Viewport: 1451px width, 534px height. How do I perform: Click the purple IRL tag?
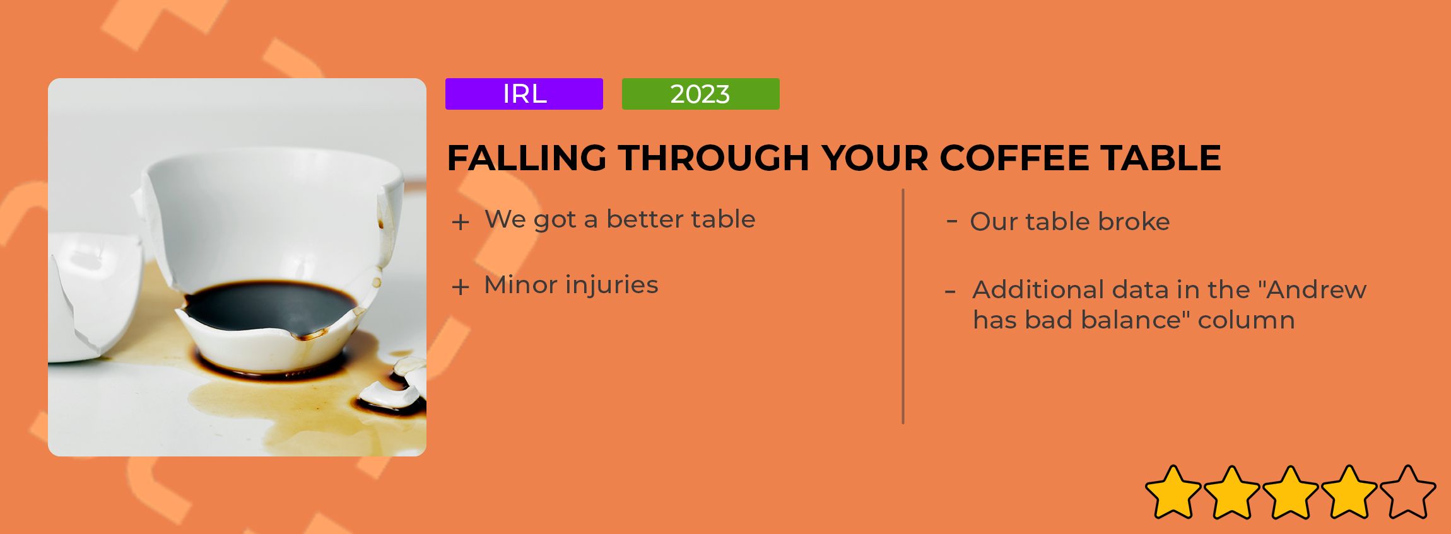[x=524, y=94]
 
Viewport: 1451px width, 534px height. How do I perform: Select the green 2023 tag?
[x=700, y=94]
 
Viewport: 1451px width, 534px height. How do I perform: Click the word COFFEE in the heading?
[x=1014, y=158]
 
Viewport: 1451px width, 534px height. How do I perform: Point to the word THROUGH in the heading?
[x=714, y=158]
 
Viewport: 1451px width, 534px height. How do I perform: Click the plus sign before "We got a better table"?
[x=461, y=222]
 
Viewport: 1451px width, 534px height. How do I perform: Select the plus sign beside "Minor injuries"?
[x=461, y=287]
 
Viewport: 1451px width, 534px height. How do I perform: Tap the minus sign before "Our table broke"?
[x=952, y=221]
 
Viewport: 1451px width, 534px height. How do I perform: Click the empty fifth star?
[x=1407, y=492]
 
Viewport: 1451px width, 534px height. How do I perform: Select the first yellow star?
[x=1173, y=492]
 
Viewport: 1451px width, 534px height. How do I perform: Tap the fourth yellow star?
[x=1349, y=492]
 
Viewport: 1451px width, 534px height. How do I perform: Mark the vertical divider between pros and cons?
[x=903, y=306]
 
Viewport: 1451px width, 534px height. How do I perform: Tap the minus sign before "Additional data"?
[x=950, y=292]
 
